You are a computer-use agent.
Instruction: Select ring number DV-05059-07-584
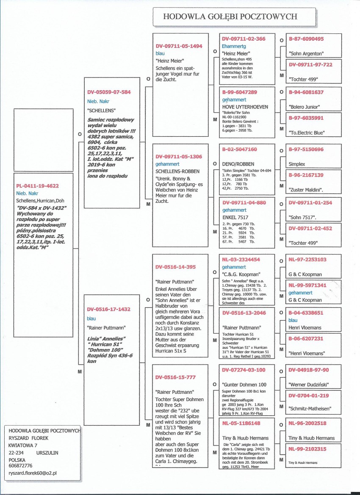pos(109,91)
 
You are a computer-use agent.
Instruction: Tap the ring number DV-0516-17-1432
pos(109,309)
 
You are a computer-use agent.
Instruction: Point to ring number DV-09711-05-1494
pos(179,46)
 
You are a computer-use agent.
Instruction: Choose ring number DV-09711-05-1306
pos(179,156)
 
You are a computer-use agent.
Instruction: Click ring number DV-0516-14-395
pos(175,267)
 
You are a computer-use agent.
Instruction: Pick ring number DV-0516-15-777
pos(175,377)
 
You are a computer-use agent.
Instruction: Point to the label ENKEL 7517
pos(235,217)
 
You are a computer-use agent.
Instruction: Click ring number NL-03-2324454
pos(241,259)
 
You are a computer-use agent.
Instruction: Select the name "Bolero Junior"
pos(304,107)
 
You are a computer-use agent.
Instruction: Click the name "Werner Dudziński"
pos(308,384)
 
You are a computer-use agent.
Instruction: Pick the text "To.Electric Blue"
pos(307,133)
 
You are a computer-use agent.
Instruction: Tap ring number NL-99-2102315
pos(307,449)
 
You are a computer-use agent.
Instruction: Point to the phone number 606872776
pos(21,465)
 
